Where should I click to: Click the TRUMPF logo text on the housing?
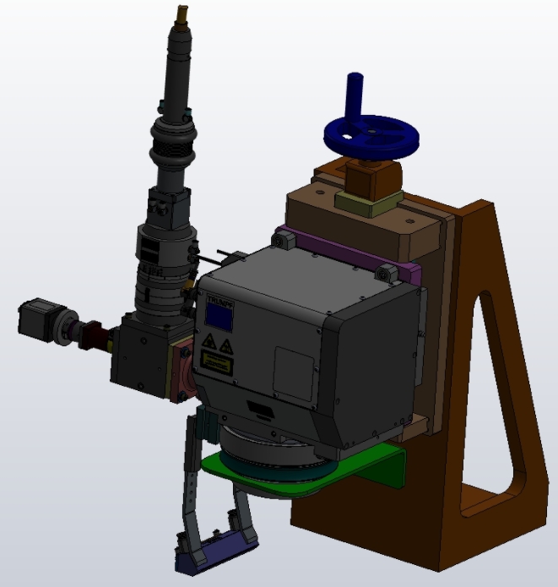219,298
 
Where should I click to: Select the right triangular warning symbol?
225,346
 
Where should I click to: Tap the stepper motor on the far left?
37,319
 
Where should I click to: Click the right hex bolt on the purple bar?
387,273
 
